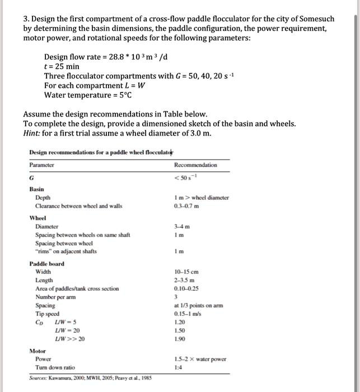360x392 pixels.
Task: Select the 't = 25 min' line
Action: [x=63, y=66]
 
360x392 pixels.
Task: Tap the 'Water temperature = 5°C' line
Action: [x=83, y=94]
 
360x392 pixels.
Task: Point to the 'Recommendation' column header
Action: [x=195, y=165]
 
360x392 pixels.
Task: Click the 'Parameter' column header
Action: [x=42, y=165]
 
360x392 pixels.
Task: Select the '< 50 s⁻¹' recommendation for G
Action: [x=187, y=178]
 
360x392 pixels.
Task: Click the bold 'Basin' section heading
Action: [x=37, y=190]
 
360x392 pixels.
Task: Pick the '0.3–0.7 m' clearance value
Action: [x=187, y=206]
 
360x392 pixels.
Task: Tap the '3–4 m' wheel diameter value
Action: [x=182, y=227]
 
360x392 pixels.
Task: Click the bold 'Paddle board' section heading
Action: [x=46, y=264]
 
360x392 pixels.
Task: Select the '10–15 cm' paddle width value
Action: [x=186, y=272]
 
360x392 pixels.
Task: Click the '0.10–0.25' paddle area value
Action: [x=188, y=289]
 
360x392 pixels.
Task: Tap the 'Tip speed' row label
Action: [x=46, y=314]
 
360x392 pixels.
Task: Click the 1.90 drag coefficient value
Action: [x=180, y=339]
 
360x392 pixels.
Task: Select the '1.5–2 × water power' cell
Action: [x=200, y=359]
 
